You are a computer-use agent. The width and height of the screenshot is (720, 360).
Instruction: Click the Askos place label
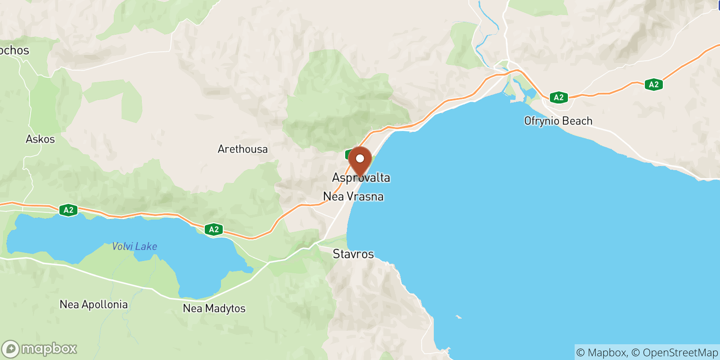(x=40, y=139)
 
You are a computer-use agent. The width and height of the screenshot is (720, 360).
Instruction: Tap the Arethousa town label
(x=243, y=149)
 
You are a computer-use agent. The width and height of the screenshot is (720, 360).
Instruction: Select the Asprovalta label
(x=361, y=178)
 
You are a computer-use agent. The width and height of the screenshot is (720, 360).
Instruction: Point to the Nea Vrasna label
(x=353, y=197)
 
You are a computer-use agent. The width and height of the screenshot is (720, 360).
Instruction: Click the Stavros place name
(x=353, y=254)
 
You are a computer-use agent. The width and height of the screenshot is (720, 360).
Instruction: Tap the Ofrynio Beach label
(x=558, y=121)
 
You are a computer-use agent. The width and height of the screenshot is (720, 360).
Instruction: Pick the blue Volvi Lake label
(x=135, y=246)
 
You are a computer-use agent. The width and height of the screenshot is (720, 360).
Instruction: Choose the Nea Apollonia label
(x=94, y=305)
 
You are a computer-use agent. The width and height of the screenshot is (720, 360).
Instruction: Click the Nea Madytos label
(x=214, y=308)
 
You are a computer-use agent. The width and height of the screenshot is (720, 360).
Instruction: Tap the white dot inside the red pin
(x=360, y=158)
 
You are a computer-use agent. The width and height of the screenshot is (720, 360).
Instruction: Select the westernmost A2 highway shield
(x=68, y=210)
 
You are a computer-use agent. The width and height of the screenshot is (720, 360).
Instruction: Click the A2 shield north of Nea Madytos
(x=214, y=229)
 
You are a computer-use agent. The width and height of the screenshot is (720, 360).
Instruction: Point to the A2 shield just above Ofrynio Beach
(x=558, y=97)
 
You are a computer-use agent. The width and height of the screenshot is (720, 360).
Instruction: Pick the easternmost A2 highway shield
(x=653, y=84)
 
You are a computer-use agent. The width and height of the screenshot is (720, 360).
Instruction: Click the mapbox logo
(x=40, y=349)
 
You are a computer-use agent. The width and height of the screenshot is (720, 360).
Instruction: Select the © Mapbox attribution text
(x=601, y=352)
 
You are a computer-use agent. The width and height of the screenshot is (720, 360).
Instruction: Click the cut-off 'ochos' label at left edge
(x=14, y=50)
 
